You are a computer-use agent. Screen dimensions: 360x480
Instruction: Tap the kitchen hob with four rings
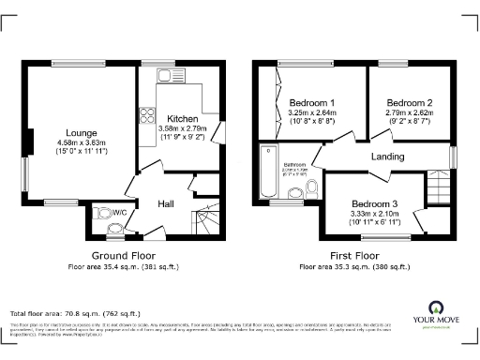[147, 115]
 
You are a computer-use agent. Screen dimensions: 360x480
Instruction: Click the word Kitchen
[183, 119]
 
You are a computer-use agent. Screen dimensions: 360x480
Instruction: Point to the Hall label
[165, 203]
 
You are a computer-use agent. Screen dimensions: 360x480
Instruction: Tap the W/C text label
[119, 212]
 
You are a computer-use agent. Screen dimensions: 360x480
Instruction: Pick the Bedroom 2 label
[410, 102]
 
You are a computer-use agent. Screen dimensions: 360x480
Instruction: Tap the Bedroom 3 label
[375, 204]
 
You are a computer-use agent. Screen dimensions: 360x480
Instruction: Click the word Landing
[388, 157]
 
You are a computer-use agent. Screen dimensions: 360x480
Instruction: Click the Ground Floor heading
[124, 255]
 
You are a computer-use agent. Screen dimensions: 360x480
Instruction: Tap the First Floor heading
[353, 255]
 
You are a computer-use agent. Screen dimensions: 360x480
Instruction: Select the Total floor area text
[74, 313]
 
